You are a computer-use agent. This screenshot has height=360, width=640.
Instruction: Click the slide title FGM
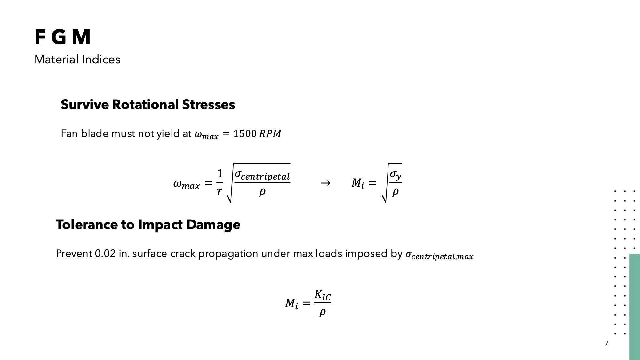pos(62,37)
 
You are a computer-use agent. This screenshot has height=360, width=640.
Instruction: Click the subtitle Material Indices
pos(77,60)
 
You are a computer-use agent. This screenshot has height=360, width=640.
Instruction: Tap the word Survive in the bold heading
pos(84,105)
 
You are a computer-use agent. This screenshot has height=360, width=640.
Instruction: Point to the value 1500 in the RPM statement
pos(245,134)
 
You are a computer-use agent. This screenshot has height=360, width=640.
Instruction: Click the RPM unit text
pos(270,134)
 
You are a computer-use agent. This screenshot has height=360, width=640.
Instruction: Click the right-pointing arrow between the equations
pos(325,183)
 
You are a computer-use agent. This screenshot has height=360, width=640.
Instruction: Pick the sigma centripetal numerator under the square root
pos(262,175)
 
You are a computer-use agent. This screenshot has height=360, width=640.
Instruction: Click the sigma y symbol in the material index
pos(396,175)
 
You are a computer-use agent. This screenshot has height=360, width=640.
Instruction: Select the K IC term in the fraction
pos(322,295)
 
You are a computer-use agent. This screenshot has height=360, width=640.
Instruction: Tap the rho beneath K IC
pos(322,312)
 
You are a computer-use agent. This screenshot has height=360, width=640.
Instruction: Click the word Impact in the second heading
pos(160,225)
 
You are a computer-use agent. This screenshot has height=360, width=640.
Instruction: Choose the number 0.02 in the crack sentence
pos(105,254)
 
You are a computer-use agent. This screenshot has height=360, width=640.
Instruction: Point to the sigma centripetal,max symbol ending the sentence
pos(439,255)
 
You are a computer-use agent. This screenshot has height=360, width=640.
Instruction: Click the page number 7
pos(606,343)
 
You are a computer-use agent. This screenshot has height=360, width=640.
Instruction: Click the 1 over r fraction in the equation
pos(220,182)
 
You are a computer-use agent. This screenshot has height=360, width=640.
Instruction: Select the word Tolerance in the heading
pos(86,225)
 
